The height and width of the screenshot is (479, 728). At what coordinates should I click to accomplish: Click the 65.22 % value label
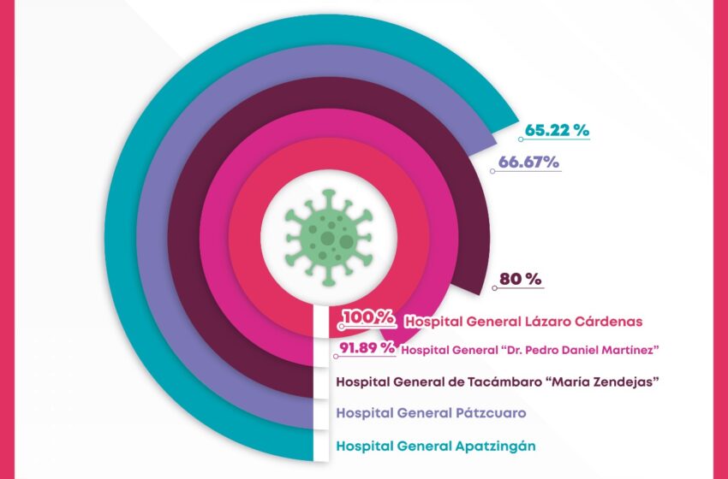pos(558,131)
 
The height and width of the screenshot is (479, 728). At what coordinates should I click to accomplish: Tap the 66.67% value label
pos(528,162)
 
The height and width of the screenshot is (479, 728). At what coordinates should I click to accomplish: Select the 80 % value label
pos(522,279)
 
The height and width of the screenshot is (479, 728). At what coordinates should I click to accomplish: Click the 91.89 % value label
pos(367,347)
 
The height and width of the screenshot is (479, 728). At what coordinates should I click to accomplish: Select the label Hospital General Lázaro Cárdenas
pos(523,321)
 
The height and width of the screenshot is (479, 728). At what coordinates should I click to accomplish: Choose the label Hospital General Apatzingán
pos(437,446)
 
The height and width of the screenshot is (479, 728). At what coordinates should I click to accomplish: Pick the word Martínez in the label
pos(634,349)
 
